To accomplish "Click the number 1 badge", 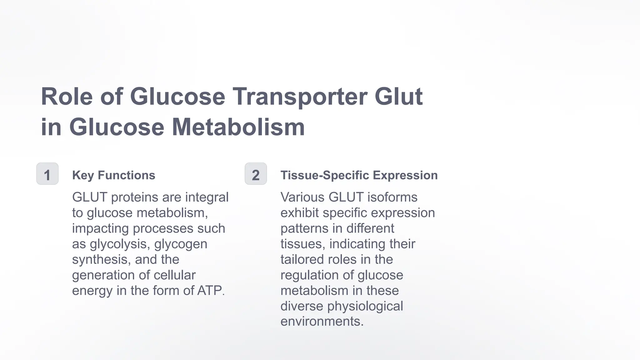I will tap(47, 174).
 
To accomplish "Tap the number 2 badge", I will tap(256, 174).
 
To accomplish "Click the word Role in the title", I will tap(67, 97).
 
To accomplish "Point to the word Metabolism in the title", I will tap(238, 127).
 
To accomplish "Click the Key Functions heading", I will tap(113, 175).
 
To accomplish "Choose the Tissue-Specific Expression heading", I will tap(359, 175).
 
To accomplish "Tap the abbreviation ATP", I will tap(211, 291).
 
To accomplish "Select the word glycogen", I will tap(181, 244).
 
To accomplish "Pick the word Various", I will tap(302, 197).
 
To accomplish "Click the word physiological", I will tap(365, 306).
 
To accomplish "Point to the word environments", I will tap(322, 322).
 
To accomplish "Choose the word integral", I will tap(207, 197).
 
